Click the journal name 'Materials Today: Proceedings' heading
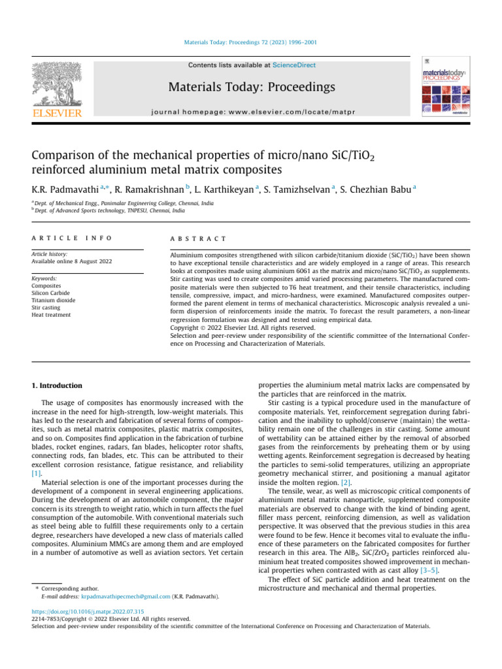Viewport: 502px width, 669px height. [x=251, y=87]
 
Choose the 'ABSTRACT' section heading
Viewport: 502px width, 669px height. [x=198, y=239]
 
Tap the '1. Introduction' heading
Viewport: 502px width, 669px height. [x=58, y=385]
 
